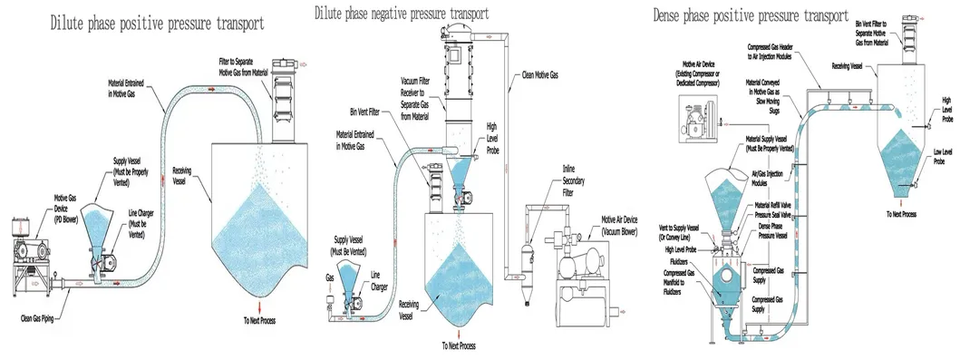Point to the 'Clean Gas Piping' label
[44, 317]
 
